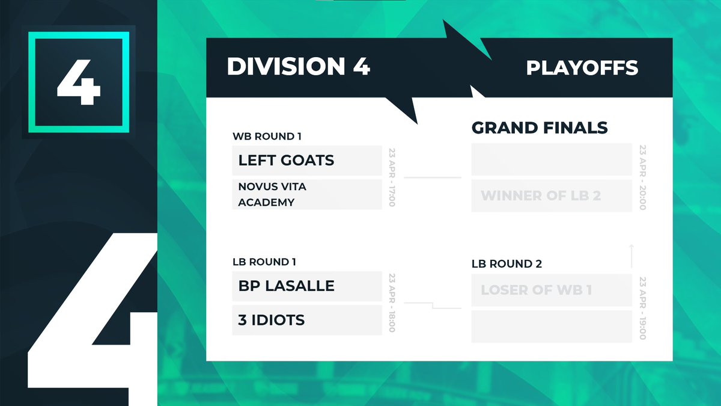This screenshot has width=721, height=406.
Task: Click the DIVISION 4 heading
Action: pyautogui.click(x=298, y=67)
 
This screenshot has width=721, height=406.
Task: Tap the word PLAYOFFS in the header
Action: pyautogui.click(x=582, y=68)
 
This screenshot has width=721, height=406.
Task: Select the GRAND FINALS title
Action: pyautogui.click(x=540, y=128)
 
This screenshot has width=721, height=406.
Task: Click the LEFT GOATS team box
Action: pyautogui.click(x=307, y=161)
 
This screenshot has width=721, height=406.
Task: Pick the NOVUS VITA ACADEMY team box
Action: pyautogui.click(x=307, y=194)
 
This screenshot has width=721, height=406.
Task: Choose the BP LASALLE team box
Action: pyautogui.click(x=307, y=286)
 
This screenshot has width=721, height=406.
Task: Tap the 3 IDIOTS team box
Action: pyautogui.click(x=307, y=320)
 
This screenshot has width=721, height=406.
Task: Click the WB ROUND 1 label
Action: pyautogui.click(x=267, y=137)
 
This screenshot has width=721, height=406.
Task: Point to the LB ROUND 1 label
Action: pyautogui.click(x=264, y=262)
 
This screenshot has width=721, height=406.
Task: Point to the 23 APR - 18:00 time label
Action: pyautogui.click(x=392, y=303)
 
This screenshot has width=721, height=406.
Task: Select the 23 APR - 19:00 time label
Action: pyautogui.click(x=642, y=309)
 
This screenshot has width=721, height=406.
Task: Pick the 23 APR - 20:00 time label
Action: pyautogui.click(x=642, y=177)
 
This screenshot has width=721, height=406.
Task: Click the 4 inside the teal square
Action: pyautogui.click(x=79, y=81)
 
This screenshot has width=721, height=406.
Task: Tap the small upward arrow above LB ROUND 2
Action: pyautogui.click(x=631, y=256)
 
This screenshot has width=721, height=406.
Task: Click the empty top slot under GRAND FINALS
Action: pyautogui.click(x=551, y=159)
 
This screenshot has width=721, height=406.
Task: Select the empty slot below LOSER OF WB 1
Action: pyautogui.click(x=551, y=327)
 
